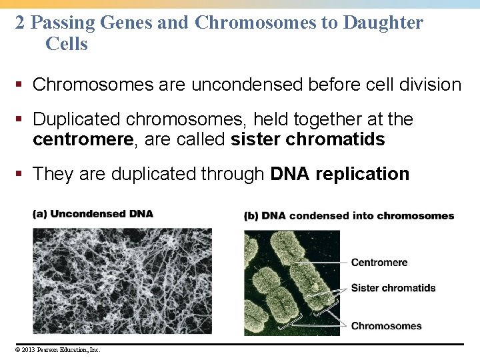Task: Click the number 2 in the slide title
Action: [20, 23]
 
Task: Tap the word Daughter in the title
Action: [383, 23]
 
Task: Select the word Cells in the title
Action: [67, 45]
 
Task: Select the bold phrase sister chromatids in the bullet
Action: [307, 139]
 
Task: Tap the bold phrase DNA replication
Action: [339, 174]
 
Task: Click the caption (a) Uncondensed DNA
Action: [93, 214]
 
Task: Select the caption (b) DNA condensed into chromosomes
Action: [349, 216]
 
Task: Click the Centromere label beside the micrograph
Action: [379, 263]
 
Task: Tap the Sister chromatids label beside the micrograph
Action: [393, 288]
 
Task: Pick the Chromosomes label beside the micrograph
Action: [386, 326]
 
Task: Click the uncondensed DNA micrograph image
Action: [122, 280]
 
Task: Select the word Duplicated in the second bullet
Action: [77, 119]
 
